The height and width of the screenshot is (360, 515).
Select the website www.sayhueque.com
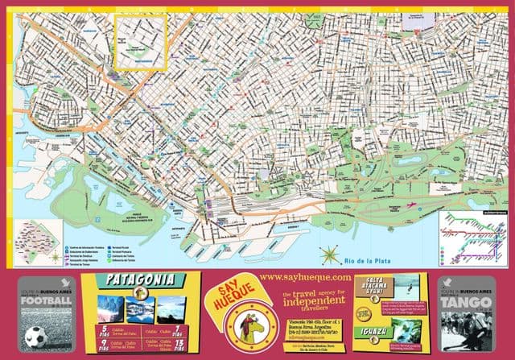(x=307, y=277)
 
